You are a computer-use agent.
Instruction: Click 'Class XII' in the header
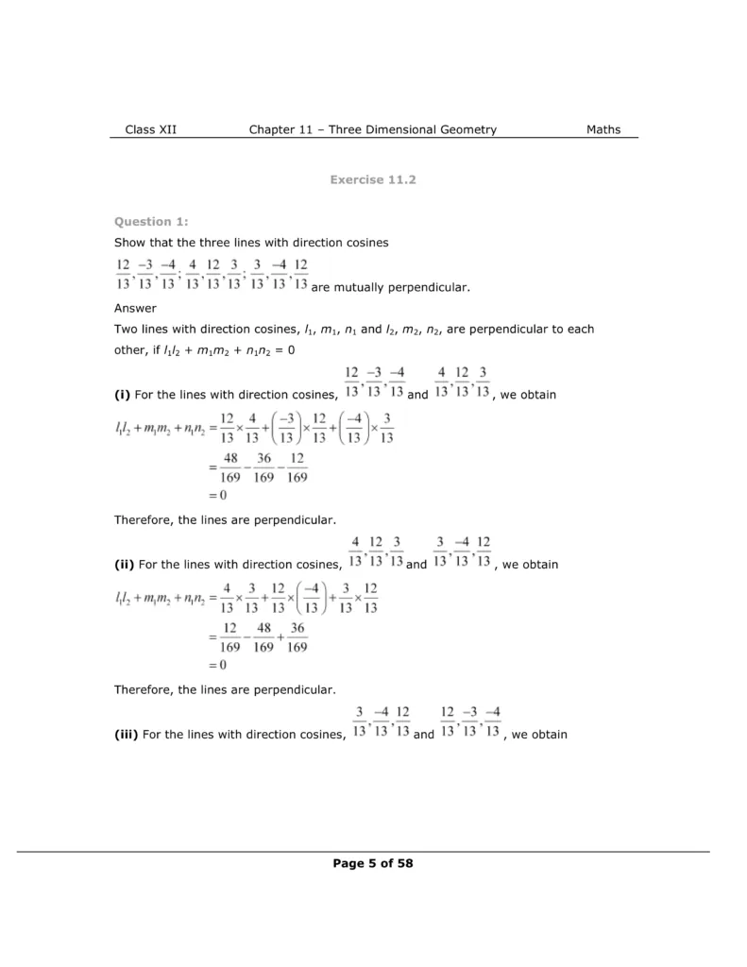(150, 129)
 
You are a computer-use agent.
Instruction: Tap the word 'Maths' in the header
(603, 129)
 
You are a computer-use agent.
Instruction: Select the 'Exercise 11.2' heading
(373, 179)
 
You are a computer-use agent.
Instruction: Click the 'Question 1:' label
(151, 222)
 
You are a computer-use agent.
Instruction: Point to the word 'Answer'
(135, 308)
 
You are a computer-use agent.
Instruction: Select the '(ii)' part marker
(125, 565)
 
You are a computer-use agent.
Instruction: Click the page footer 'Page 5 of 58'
(373, 862)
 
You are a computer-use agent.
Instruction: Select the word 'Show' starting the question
(130, 243)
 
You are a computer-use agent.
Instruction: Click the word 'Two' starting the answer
(126, 330)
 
